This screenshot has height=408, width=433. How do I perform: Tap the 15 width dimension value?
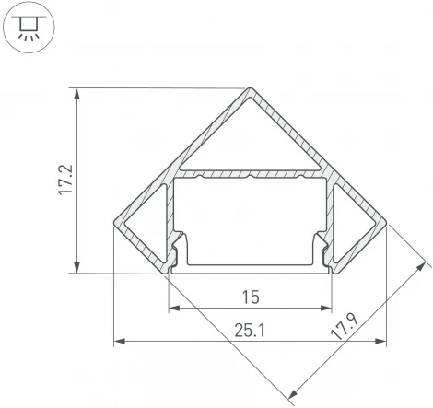click(250, 297)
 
